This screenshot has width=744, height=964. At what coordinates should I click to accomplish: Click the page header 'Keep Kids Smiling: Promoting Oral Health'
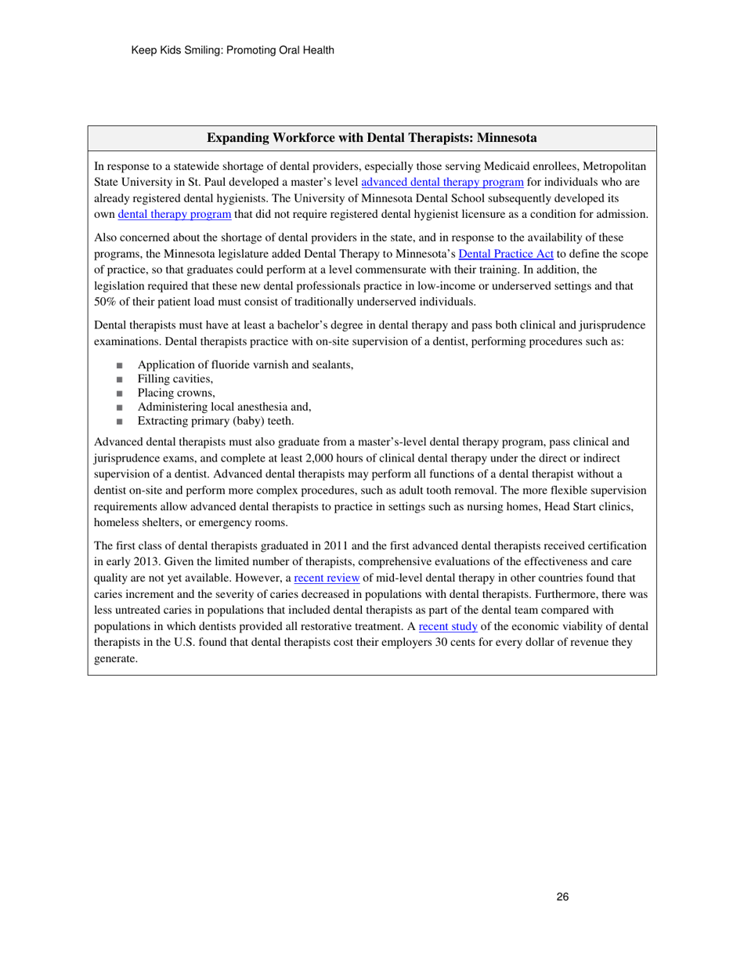233,50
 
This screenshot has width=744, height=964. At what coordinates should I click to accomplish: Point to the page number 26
562,897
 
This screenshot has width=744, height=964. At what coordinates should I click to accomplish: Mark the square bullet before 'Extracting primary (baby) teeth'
119,421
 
